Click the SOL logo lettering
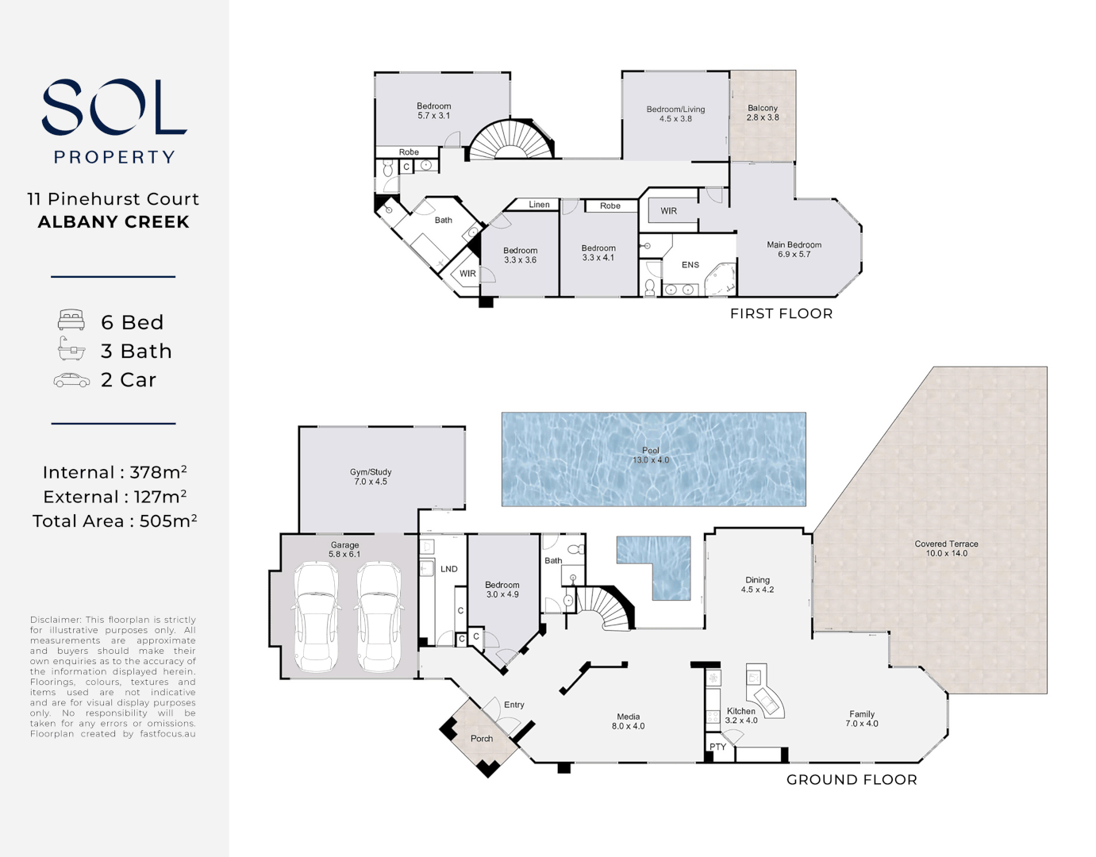coord(114,107)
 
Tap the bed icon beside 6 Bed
coord(71,320)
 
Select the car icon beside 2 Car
coord(71,380)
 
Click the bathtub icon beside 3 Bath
coord(71,348)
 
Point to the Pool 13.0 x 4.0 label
coord(651,455)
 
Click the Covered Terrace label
coord(946,544)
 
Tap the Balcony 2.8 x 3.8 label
coord(763,113)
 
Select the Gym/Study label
coord(371,472)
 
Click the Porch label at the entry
coord(482,739)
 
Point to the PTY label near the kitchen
coord(717,747)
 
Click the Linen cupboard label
coord(539,205)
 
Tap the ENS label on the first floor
coord(690,265)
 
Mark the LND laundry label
coord(449,569)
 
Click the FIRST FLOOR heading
coord(781,313)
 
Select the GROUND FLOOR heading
coord(852,780)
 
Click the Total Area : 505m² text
coord(114,521)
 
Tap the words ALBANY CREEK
coord(113,222)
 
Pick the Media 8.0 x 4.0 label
coord(629,721)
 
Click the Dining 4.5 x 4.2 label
coord(758,585)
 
